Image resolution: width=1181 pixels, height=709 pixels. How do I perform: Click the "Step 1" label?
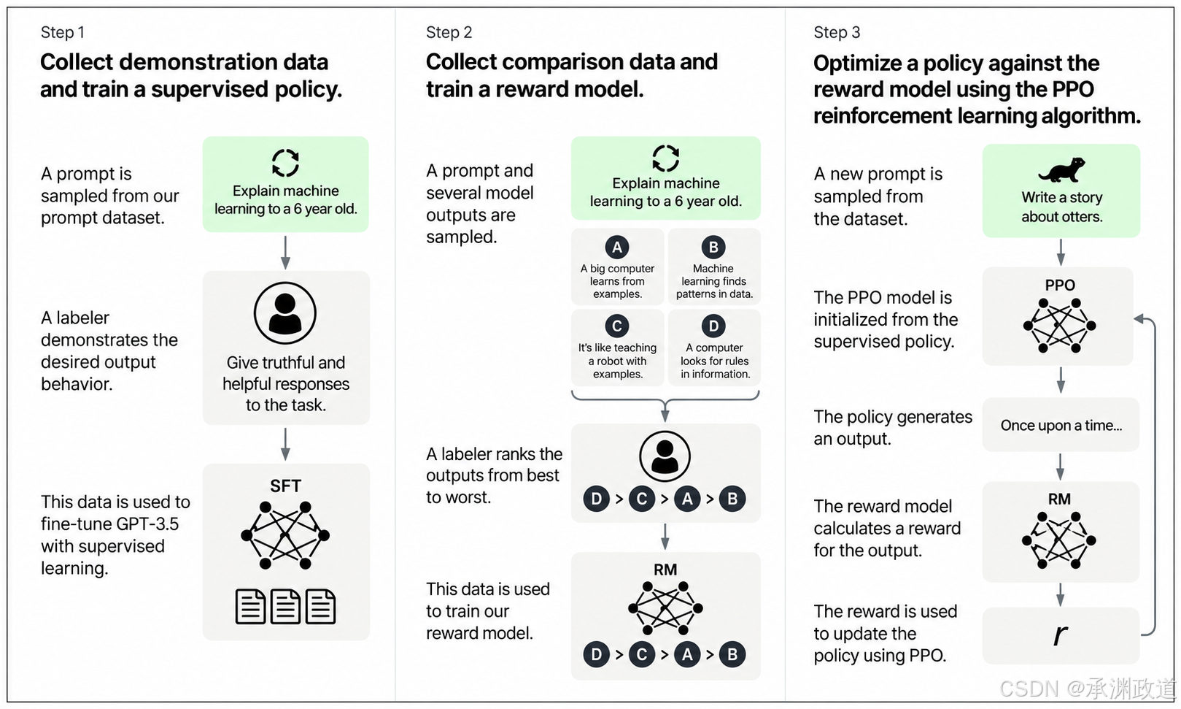[x=62, y=32]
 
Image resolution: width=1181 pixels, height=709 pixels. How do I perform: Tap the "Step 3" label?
[x=837, y=32]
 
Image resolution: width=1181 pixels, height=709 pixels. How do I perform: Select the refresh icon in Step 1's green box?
[x=285, y=163]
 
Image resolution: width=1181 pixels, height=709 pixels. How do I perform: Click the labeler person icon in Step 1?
[x=285, y=313]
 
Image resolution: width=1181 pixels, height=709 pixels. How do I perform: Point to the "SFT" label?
[x=285, y=486]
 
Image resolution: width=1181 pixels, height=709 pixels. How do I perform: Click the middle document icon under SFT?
[x=285, y=606]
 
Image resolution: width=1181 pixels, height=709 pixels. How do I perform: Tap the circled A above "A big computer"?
[x=617, y=247]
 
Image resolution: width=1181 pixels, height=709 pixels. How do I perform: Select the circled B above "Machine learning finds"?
[x=713, y=247]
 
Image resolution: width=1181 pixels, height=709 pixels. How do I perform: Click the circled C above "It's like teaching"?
[x=617, y=326]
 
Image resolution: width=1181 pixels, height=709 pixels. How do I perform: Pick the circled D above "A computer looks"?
[x=713, y=326]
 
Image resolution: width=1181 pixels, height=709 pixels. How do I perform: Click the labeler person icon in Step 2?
[x=665, y=456]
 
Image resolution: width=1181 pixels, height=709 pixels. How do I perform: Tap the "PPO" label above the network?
[x=1060, y=285]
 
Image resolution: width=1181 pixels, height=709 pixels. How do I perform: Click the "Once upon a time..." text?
[x=1061, y=425]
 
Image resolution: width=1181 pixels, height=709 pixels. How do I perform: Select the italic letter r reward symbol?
[x=1060, y=635]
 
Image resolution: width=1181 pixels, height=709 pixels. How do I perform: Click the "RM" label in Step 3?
[x=1059, y=499]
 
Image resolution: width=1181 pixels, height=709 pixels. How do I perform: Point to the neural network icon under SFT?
[x=285, y=535]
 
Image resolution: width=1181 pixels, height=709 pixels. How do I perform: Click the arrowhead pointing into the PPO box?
[x=1138, y=318]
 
